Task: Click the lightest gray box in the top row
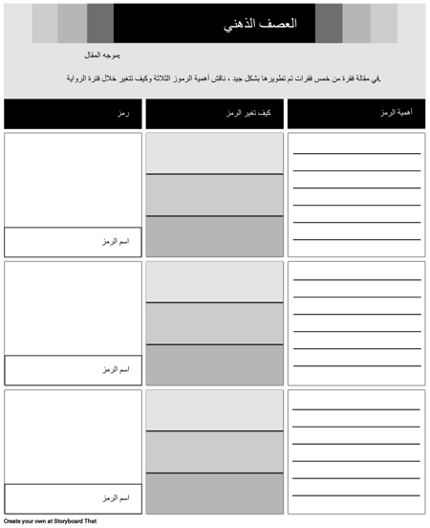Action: coord(214,153)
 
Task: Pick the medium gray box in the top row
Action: coord(214,195)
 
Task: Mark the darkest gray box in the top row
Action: coord(214,236)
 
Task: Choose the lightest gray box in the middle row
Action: coord(214,281)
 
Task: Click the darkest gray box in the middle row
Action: coord(214,364)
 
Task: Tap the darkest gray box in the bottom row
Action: coord(214,494)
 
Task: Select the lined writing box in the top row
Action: coord(355,194)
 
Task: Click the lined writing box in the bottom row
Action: coord(355,451)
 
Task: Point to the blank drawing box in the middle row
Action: coord(73,307)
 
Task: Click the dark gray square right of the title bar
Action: coord(328,23)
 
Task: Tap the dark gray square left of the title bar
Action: coord(100,23)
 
